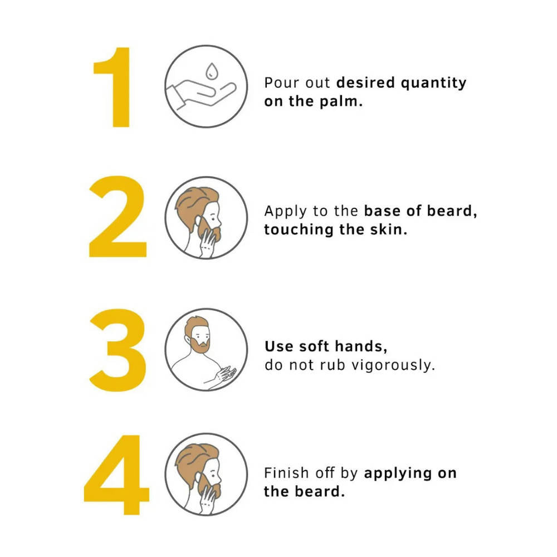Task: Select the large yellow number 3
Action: point(118,350)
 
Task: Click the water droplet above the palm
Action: point(211,71)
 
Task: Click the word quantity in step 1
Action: point(433,83)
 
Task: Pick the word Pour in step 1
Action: point(281,83)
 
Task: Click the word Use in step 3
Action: point(278,346)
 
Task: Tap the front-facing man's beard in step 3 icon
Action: point(200,345)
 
